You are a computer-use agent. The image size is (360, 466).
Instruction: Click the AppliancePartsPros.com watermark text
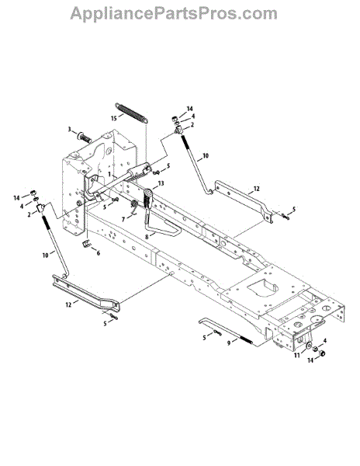[174, 13]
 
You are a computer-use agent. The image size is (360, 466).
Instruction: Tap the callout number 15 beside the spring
[114, 118]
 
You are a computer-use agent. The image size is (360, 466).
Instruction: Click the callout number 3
[70, 129]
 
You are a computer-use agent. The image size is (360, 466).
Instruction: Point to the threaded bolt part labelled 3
[85, 138]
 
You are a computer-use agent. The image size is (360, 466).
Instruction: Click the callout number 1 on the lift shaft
[109, 174]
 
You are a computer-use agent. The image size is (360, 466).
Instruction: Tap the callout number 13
[161, 183]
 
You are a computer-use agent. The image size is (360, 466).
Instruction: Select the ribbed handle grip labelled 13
[148, 199]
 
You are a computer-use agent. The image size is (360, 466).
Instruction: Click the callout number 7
[123, 220]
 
